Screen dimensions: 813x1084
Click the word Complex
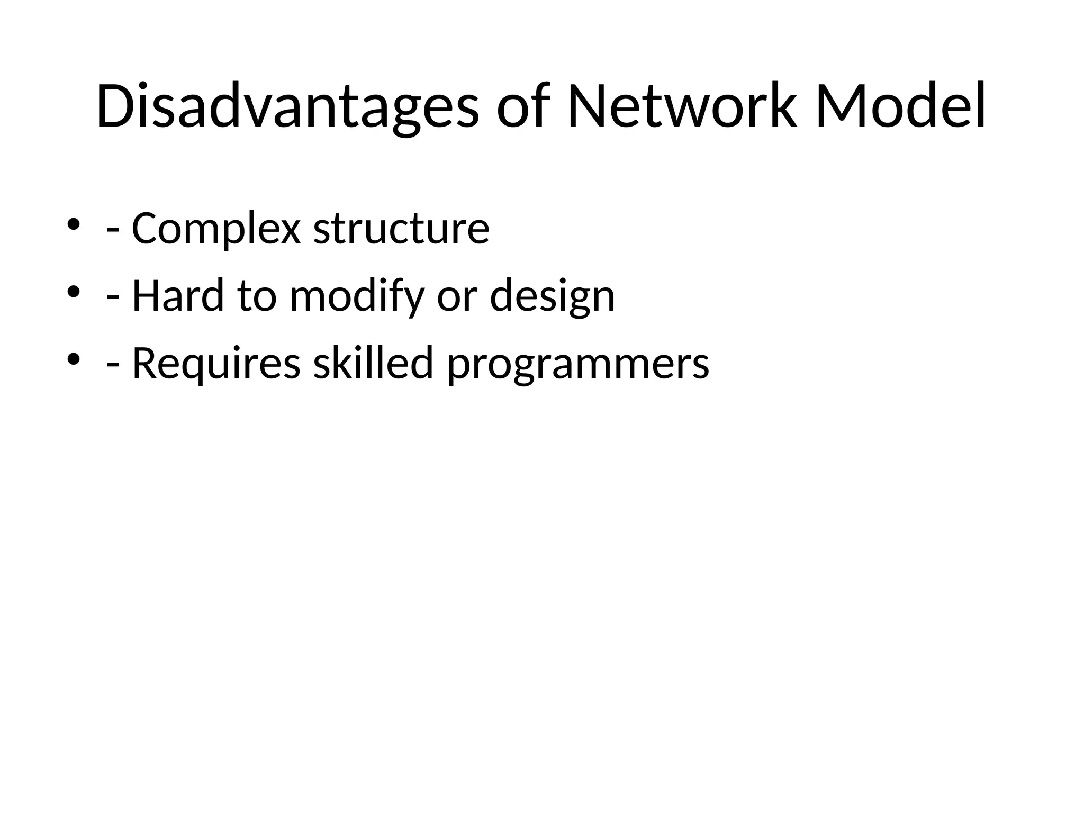(x=216, y=229)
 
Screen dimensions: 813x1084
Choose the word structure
(x=401, y=229)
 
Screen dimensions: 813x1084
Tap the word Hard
(x=178, y=296)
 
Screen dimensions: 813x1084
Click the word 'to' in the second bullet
(x=257, y=296)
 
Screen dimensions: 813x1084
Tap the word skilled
(x=373, y=363)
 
